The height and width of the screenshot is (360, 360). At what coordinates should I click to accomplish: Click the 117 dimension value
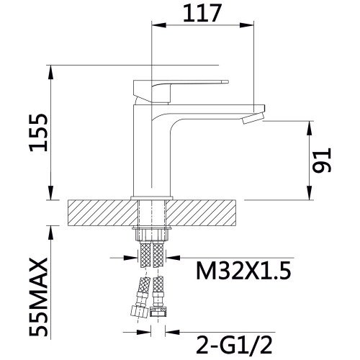[202, 13]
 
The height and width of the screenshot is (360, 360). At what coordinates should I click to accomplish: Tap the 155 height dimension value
[38, 132]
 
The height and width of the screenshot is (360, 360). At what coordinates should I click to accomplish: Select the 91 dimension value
[322, 161]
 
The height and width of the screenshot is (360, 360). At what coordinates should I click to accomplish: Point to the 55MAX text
[38, 297]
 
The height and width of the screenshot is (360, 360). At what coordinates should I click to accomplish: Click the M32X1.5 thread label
[243, 271]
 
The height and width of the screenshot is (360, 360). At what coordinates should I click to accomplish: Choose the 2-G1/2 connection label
[234, 345]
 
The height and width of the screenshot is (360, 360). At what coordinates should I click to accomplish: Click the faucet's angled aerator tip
[253, 118]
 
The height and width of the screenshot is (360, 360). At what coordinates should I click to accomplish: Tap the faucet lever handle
[181, 91]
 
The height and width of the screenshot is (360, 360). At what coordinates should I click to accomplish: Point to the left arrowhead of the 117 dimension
[159, 25]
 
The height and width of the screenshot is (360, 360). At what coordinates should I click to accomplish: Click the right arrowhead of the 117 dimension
[246, 25]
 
